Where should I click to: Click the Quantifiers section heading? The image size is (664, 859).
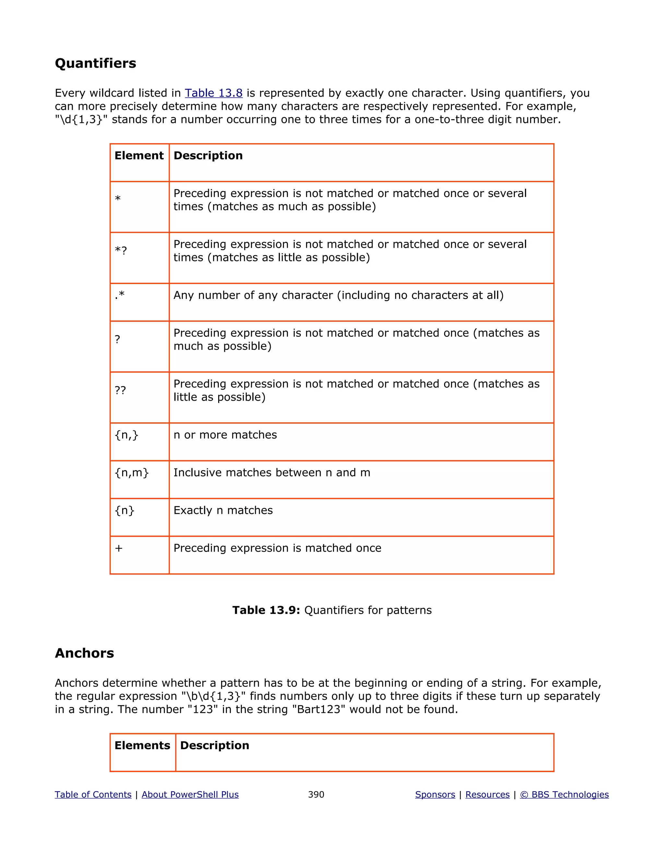coord(95,63)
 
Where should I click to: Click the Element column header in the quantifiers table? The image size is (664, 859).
coord(139,155)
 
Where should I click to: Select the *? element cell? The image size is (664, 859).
coord(121,251)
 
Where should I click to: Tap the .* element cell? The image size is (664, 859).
coord(120,295)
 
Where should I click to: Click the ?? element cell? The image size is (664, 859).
coord(120,390)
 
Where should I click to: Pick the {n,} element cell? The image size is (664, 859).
coord(126,435)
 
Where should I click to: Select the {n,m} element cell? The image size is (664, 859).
coord(131,472)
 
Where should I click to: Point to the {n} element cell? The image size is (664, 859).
coord(124,510)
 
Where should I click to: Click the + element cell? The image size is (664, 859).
coord(119,548)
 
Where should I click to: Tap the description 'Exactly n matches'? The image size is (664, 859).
coord(223,510)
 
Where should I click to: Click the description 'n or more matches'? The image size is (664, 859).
coord(225,435)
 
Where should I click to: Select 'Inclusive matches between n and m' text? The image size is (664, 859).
coord(272,472)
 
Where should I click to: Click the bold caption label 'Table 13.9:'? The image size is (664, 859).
coord(266,610)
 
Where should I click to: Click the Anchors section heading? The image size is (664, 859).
coord(84,653)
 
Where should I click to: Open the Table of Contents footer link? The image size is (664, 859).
coord(93,794)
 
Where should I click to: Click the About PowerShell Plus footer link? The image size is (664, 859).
coord(190,794)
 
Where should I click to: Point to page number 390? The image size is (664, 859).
coord(316,794)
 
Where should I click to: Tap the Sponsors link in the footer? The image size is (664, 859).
coord(435,794)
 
